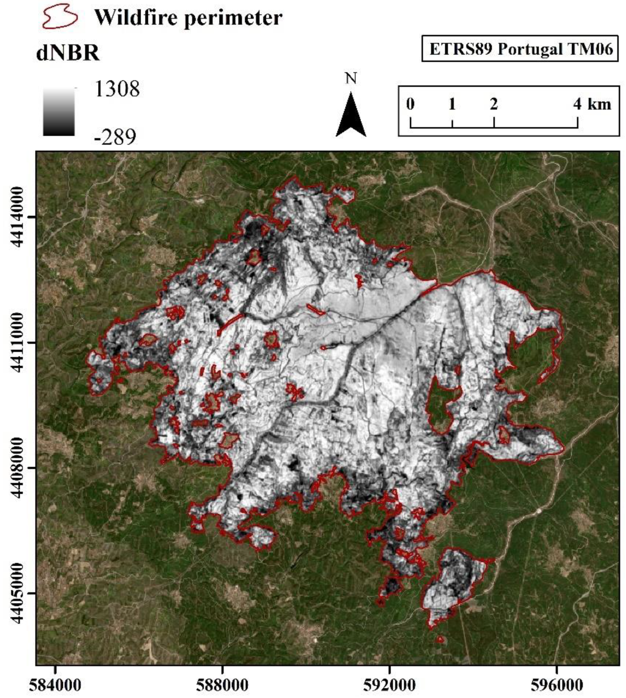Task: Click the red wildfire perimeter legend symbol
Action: [x=58, y=18]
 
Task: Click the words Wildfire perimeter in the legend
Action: [x=188, y=18]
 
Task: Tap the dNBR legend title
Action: [x=68, y=53]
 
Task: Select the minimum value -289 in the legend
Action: [x=115, y=137]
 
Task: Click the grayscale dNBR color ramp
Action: [x=59, y=112]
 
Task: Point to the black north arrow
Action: [x=351, y=115]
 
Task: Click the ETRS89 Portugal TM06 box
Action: [x=521, y=49]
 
